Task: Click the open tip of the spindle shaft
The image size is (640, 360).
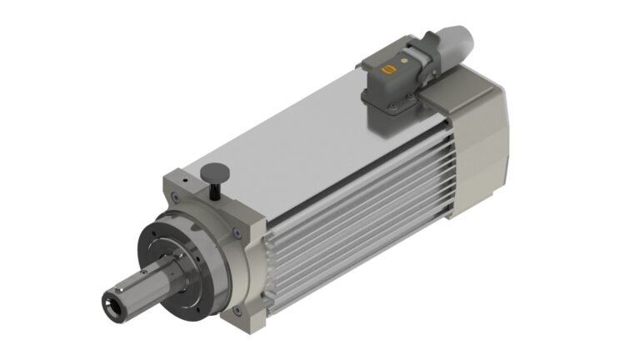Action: tap(110, 297)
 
